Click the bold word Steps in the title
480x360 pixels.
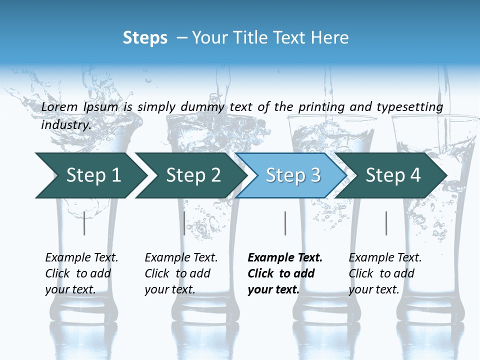pos(145,38)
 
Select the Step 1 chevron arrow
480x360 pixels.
pos(90,175)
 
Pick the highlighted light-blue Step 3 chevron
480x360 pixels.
pos(291,175)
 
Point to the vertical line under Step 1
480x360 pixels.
pos(84,223)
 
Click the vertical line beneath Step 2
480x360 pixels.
pos(184,223)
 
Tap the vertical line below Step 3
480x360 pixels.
pos(285,223)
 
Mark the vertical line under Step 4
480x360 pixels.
pos(386,223)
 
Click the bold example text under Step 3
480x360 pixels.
pos(284,273)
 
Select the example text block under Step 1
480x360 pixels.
pos(81,273)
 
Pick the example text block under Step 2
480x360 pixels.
pos(180,273)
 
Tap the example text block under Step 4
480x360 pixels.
pos(384,273)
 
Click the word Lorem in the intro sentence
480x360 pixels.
pos(60,107)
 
